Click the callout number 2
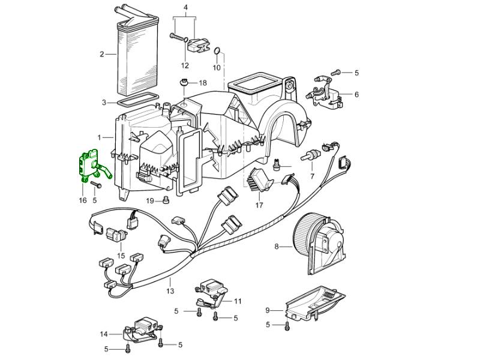click(x=103, y=54)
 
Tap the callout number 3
click(x=104, y=102)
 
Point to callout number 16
click(x=83, y=200)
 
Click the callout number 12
click(x=185, y=65)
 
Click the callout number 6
click(x=356, y=94)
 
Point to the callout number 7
click(x=313, y=176)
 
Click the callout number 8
click(x=277, y=246)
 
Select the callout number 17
click(x=259, y=205)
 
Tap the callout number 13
click(x=170, y=291)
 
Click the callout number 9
click(x=268, y=310)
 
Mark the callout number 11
click(x=238, y=301)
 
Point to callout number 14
click(x=104, y=334)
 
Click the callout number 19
click(x=150, y=200)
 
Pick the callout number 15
click(x=121, y=256)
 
